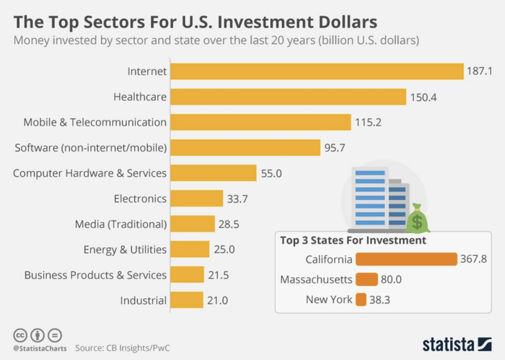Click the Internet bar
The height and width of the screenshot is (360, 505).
coord(317,71)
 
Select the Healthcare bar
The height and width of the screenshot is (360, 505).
coord(289,97)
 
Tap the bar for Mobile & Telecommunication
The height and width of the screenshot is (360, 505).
coord(260,123)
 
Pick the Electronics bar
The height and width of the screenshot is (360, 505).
coord(197,198)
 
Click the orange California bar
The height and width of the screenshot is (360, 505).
coord(406,259)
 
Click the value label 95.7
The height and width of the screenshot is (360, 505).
coord(335,148)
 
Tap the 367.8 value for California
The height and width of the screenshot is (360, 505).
coord(474,259)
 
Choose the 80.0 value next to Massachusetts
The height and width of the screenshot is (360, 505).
coord(393,279)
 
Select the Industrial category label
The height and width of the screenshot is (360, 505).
coord(143,300)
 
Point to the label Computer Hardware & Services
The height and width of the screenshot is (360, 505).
coord(90,173)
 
